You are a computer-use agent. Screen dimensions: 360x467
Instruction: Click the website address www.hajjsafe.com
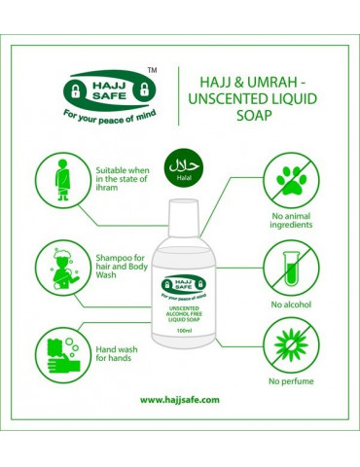[x=180, y=400]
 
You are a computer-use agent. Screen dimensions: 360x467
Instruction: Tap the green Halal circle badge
[x=184, y=167]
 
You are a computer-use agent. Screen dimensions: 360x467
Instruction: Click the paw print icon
[x=291, y=181]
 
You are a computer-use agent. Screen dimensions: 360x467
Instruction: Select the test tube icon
[x=291, y=269]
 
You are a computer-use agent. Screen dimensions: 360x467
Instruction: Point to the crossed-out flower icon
[x=291, y=345]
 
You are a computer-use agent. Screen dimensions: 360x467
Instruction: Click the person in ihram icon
[x=62, y=180]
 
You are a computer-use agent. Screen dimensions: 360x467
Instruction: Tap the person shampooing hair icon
[x=64, y=269]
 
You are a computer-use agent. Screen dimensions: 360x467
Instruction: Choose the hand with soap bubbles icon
[x=63, y=355]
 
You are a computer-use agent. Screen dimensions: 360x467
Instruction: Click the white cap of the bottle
[x=183, y=218]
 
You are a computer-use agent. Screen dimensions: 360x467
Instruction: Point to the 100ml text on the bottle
[x=184, y=331]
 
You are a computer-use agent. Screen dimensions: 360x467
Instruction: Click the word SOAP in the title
[x=254, y=115]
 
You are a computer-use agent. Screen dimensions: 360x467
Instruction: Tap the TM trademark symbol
[x=152, y=70]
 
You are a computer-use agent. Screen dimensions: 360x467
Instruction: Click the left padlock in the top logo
[x=75, y=91]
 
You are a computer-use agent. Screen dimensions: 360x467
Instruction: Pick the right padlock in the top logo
[x=144, y=90]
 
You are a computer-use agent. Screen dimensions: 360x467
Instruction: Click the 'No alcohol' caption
[x=291, y=305]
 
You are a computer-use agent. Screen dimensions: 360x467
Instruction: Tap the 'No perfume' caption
[x=291, y=381]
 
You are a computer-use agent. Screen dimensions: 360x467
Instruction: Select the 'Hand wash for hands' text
[x=117, y=354]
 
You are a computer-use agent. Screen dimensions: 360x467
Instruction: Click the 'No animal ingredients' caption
[x=291, y=221]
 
